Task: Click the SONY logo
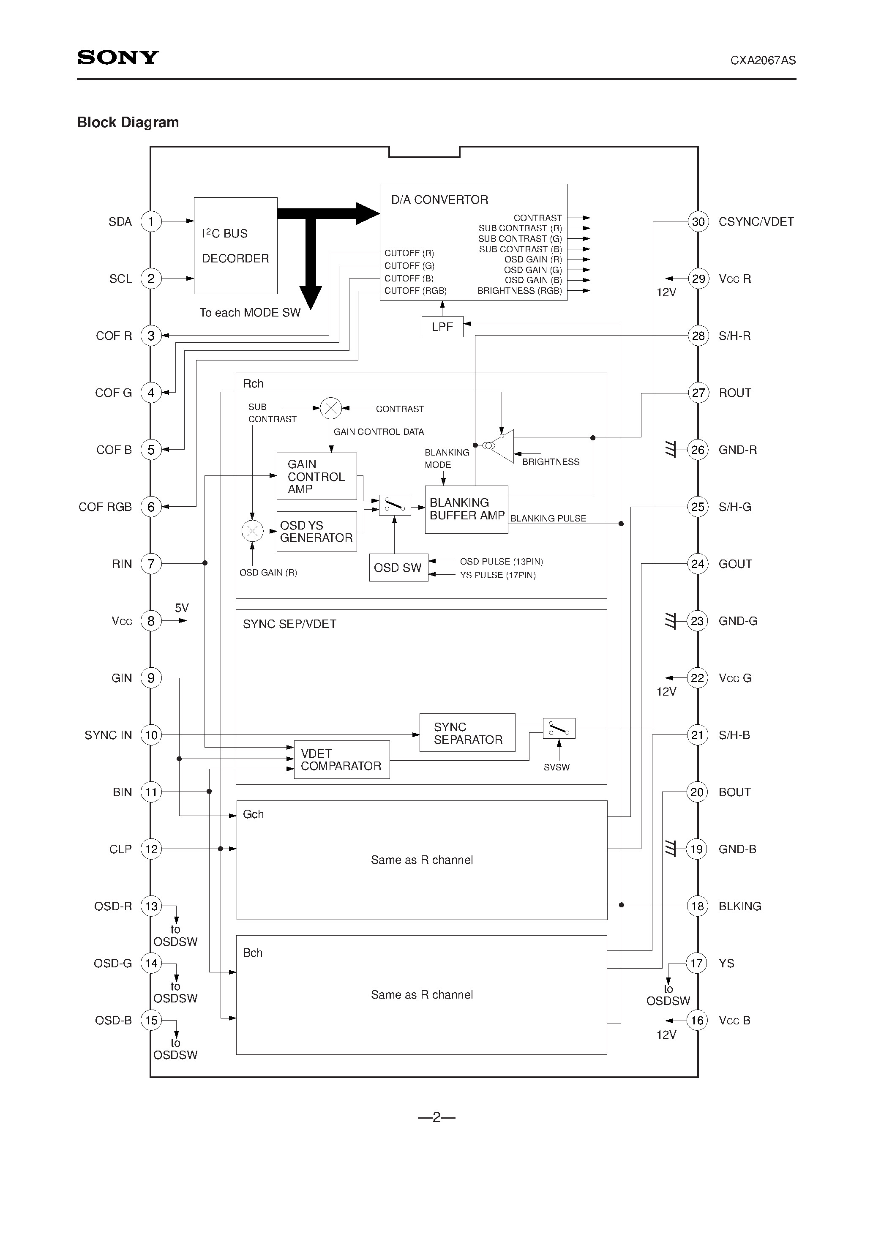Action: point(118,57)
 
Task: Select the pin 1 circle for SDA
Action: point(151,221)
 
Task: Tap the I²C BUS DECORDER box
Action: point(235,246)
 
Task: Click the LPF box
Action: point(442,327)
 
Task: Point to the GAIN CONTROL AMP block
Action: point(316,476)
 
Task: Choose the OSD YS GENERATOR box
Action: point(316,532)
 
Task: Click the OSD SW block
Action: point(398,568)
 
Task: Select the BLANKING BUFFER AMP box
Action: point(466,510)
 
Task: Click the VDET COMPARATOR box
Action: point(341,759)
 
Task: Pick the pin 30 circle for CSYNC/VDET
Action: point(698,221)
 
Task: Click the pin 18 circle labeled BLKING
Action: point(697,906)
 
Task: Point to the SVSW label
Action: point(557,767)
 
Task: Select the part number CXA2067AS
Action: point(763,60)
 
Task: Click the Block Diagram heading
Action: point(128,123)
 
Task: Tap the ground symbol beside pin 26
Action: point(670,449)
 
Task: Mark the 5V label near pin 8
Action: point(182,608)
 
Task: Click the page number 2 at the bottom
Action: point(436,1117)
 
